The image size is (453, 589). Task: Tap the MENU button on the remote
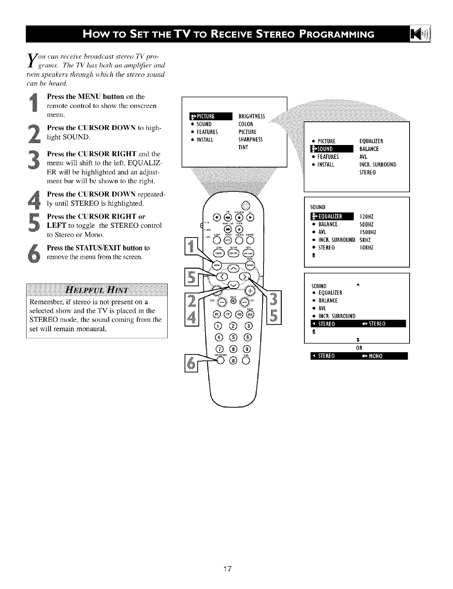pos(216,265)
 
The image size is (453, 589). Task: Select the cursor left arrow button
pos(221,277)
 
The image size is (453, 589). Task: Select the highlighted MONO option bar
pos(359,356)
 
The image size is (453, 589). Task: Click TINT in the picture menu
pos(244,147)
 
